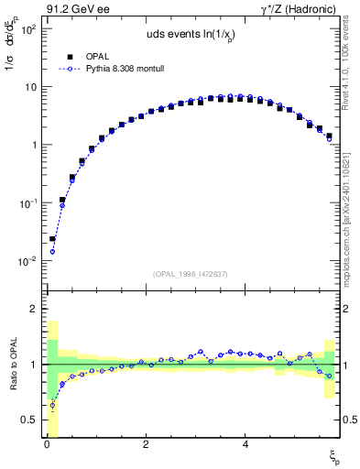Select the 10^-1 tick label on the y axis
coord(26,203)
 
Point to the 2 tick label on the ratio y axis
coord(31,309)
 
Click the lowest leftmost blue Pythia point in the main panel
coord(52,251)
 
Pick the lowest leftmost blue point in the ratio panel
coord(52,405)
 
